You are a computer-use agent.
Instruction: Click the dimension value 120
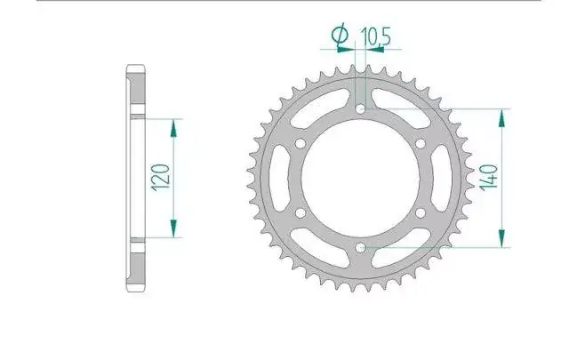pyautogui.click(x=161, y=178)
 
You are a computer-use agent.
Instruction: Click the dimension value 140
pyautogui.click(x=488, y=178)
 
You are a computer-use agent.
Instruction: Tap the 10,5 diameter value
pyautogui.click(x=375, y=36)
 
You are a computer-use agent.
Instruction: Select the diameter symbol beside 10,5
pyautogui.click(x=340, y=35)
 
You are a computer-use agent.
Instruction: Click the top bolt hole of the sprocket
pyautogui.click(x=360, y=108)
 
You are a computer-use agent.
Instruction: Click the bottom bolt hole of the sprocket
pyautogui.click(x=360, y=248)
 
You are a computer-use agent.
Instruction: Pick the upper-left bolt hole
pyautogui.click(x=301, y=144)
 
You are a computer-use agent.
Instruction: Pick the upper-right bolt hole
pyautogui.click(x=421, y=144)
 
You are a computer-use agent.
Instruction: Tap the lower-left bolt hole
pyautogui.click(x=301, y=213)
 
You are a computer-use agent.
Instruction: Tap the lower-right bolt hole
pyautogui.click(x=421, y=213)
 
